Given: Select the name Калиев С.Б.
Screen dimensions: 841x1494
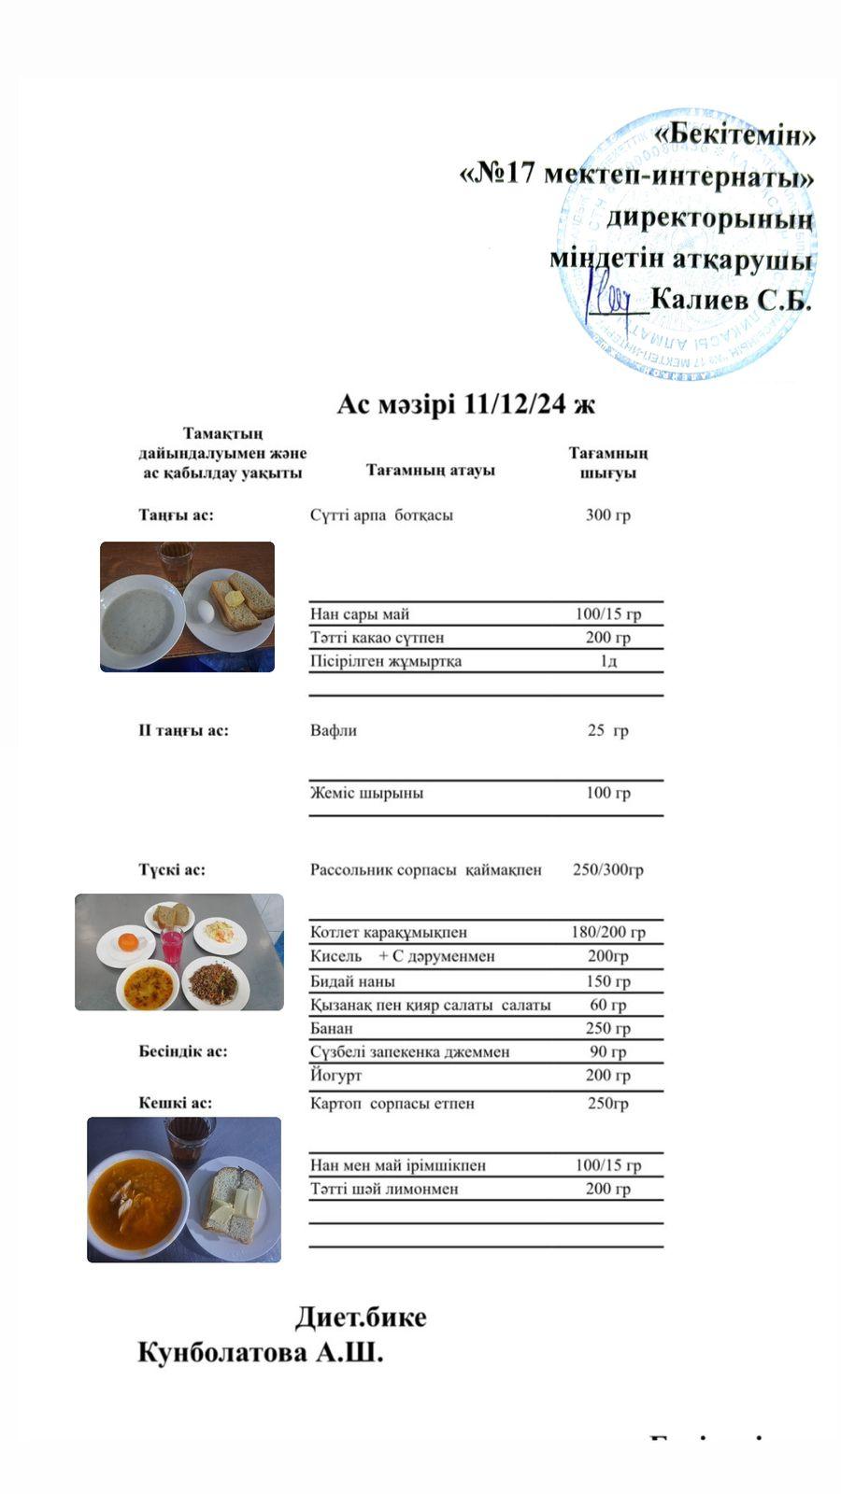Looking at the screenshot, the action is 731,301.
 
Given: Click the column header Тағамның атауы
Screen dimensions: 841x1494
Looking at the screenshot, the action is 430,470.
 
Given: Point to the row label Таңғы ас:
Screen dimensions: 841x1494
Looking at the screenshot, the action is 176,514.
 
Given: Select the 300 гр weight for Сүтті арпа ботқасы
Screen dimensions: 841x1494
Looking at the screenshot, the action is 607,514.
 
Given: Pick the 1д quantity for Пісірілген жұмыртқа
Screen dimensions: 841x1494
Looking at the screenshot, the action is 608,661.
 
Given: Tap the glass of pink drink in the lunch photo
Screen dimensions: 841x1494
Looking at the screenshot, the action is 172,944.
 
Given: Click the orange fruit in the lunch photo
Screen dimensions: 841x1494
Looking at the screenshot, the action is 126,942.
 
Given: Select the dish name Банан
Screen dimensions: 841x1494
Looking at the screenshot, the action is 332,1028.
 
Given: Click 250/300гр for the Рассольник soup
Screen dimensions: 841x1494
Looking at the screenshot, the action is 607,869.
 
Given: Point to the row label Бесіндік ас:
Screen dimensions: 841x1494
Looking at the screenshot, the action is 183,1051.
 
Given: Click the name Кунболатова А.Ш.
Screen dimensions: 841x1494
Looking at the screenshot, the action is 261,1353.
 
